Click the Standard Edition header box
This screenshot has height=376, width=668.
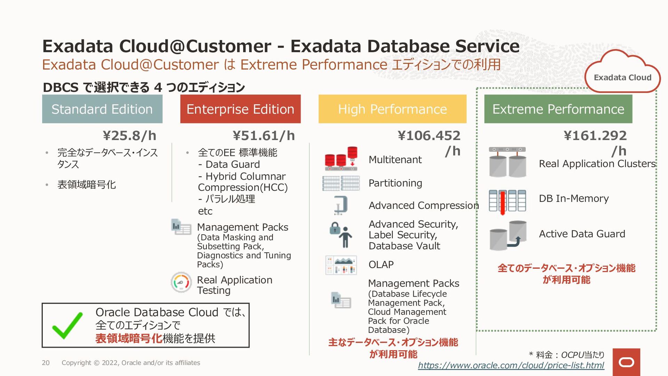pos(102,109)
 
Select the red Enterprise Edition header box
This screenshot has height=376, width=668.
pos(240,109)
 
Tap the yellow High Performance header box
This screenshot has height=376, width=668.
pos(392,109)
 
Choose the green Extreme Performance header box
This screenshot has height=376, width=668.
pos(558,109)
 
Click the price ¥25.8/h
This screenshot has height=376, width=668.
pos(129,135)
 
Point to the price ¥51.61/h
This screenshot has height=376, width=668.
pos(264,135)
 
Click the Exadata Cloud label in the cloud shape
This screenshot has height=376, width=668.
pos(622,77)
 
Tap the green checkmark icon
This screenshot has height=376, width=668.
pos(67,326)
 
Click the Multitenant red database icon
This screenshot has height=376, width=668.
pos(341,159)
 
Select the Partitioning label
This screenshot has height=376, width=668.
pos(395,183)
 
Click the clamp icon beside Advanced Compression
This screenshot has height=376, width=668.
pos(341,205)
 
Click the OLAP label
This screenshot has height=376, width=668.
pos(381,265)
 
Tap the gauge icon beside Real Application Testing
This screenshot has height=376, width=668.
pos(181,282)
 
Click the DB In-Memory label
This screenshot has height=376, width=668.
pos(574,198)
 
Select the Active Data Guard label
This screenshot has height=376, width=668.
pos(582,234)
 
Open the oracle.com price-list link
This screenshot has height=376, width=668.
pos(511,365)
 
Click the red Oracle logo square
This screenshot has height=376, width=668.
pos(626,362)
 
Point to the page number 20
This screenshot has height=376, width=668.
pos(46,363)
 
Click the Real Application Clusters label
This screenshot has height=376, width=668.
pos(597,164)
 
